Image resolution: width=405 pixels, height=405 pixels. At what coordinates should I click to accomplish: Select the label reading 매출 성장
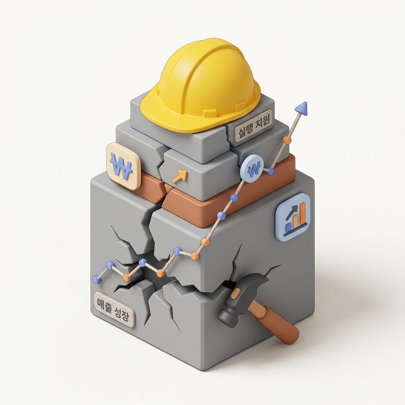tap(114, 309)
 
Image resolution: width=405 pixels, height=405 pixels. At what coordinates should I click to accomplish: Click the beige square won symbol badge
tap(123, 166)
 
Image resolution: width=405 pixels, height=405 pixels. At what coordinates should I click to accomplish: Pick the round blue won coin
tap(254, 169)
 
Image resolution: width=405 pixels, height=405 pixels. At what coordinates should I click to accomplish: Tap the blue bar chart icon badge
tap(293, 217)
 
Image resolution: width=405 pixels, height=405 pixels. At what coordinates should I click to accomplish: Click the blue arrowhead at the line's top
tap(302, 108)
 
